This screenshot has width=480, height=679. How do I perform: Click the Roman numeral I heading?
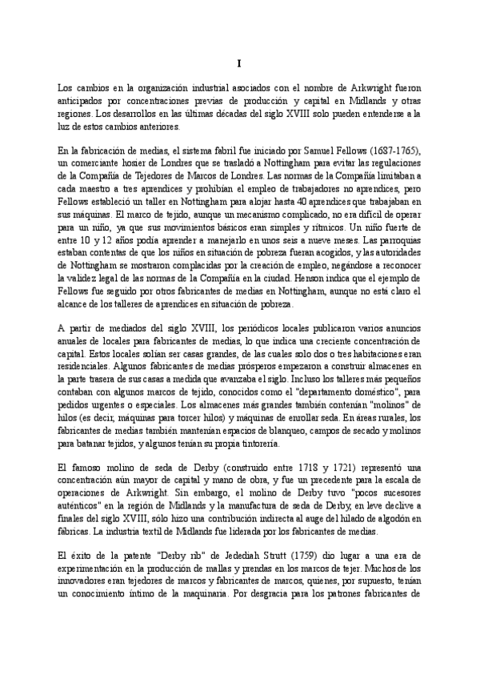tap(239, 63)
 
